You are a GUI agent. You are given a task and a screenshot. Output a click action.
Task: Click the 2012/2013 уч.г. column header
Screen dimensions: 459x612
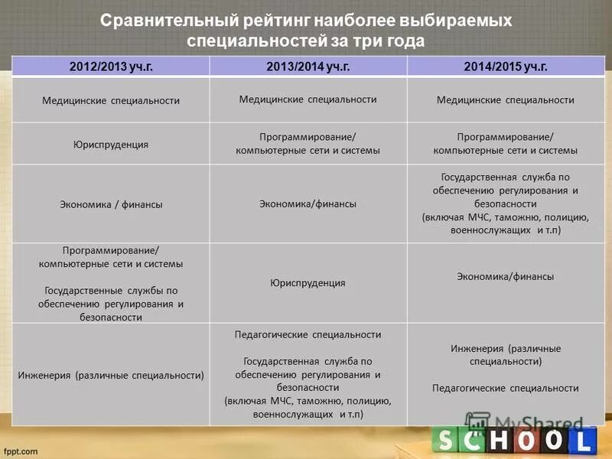tap(111, 67)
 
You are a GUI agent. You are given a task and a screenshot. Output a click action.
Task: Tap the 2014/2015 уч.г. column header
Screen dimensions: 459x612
tap(506, 67)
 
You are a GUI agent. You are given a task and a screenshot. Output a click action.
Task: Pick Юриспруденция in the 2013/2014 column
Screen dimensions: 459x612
tap(308, 283)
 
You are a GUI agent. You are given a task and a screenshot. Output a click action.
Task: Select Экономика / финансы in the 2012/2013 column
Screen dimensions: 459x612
tap(111, 204)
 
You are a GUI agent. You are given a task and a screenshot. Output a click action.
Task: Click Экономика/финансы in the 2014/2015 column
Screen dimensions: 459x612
tap(505, 277)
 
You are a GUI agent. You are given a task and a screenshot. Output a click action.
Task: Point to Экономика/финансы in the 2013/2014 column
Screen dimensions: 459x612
tap(308, 203)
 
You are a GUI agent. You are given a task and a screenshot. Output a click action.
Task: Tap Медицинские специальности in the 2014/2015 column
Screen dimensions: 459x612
tap(505, 100)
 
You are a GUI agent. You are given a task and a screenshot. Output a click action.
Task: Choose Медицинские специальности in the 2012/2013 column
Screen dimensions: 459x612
tap(111, 100)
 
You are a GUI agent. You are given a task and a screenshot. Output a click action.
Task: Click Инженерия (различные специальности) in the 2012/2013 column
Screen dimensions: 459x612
tap(111, 376)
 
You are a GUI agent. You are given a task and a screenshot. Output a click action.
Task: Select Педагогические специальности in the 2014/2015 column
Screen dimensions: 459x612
tap(505, 388)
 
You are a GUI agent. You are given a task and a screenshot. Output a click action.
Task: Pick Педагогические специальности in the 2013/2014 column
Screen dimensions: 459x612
tap(308, 335)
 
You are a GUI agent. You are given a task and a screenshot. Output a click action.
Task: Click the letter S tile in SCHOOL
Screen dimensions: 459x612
tap(447, 441)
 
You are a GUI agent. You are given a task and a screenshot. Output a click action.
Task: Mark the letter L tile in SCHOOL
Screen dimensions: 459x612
tap(583, 441)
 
